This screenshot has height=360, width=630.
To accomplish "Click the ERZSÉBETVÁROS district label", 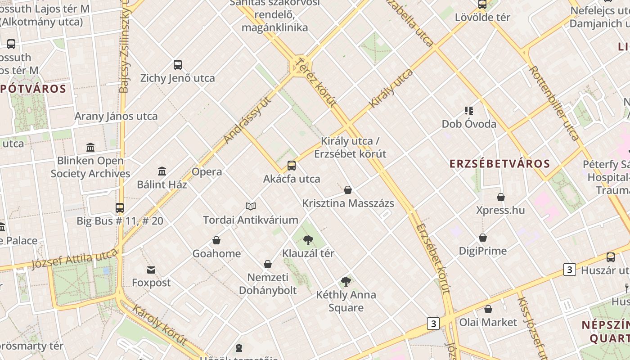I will tap(499, 164).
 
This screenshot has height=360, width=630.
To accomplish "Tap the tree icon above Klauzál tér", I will tap(308, 240).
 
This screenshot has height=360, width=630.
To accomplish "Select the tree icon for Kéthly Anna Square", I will tap(346, 282).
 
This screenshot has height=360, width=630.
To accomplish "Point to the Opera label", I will tap(207, 172).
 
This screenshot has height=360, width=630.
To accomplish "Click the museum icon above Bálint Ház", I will tap(162, 171).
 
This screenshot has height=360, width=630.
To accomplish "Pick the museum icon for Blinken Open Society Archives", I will tap(90, 147).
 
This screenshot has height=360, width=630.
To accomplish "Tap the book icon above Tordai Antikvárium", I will tap(251, 206).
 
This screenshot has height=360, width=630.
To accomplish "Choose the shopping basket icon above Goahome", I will tap(216, 240).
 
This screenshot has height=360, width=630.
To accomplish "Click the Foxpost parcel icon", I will tap(151, 270).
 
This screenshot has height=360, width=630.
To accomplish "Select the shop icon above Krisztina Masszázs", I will tap(348, 190).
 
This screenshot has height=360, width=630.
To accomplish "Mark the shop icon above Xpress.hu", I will tap(500, 197).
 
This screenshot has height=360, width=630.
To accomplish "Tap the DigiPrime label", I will tap(483, 251).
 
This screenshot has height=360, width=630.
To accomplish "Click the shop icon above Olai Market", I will tap(488, 309).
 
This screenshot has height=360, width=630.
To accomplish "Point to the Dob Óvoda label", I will tap(469, 124).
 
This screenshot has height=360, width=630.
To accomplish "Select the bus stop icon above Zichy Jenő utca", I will tap(178, 64).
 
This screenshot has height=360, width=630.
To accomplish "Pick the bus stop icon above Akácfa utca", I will tap(292, 166).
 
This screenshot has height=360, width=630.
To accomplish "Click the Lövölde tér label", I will tap(482, 18).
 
